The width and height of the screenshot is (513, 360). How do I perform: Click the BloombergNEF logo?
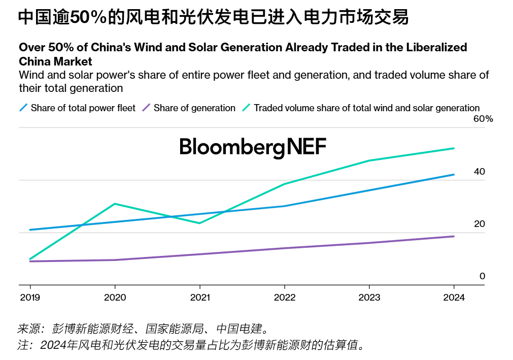tap(253, 147)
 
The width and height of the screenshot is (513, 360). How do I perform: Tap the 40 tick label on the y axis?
tap(479, 172)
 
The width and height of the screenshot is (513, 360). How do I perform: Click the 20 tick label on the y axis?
tap(479, 224)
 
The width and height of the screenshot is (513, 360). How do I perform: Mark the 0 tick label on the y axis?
tap(482, 276)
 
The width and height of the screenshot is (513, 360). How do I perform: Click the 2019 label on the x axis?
tap(30, 298)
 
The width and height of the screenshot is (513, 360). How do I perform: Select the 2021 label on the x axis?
tap(199, 298)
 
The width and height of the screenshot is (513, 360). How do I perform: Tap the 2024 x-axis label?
tap(454, 298)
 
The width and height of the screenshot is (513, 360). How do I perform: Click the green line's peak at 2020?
tap(115, 204)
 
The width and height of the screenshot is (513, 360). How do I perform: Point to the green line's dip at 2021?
tap(199, 223)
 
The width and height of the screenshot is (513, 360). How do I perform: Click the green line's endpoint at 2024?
tap(454, 148)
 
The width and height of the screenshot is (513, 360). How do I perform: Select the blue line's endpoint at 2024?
tap(454, 175)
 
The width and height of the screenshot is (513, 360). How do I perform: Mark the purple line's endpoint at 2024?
tap(454, 236)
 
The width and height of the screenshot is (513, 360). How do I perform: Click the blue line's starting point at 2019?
tap(30, 230)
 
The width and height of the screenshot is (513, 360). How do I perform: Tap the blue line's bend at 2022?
tap(284, 206)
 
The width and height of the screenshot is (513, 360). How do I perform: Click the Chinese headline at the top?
tap(213, 18)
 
